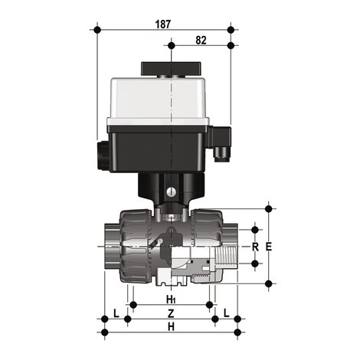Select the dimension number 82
201,39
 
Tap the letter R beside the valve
255,247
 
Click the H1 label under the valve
172,298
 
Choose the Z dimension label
172,313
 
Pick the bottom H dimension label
172,327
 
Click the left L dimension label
115,313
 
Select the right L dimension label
227,313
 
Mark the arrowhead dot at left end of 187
98,30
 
